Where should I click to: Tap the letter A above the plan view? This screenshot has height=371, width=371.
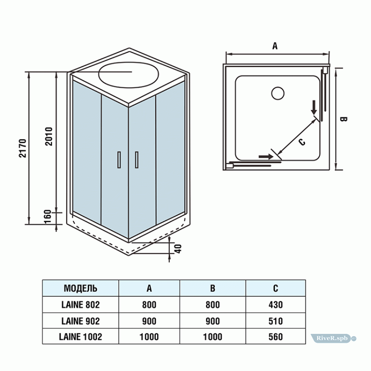[x=275, y=46]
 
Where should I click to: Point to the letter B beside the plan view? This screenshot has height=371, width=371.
[x=344, y=119]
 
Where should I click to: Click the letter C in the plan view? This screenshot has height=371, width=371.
[x=301, y=142]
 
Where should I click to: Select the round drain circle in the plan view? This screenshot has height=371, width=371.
[x=277, y=93]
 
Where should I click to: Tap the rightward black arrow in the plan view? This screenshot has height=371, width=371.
[x=266, y=157]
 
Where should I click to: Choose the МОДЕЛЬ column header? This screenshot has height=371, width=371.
[x=80, y=288]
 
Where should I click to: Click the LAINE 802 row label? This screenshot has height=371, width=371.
[x=80, y=305]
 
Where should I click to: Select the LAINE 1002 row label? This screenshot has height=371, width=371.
[x=80, y=337]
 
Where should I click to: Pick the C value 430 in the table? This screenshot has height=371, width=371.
[x=275, y=305]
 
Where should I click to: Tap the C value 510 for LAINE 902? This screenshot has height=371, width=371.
[x=275, y=321]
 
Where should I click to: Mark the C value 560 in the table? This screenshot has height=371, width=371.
[x=275, y=337]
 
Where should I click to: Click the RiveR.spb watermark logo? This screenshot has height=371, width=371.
[x=332, y=339]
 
